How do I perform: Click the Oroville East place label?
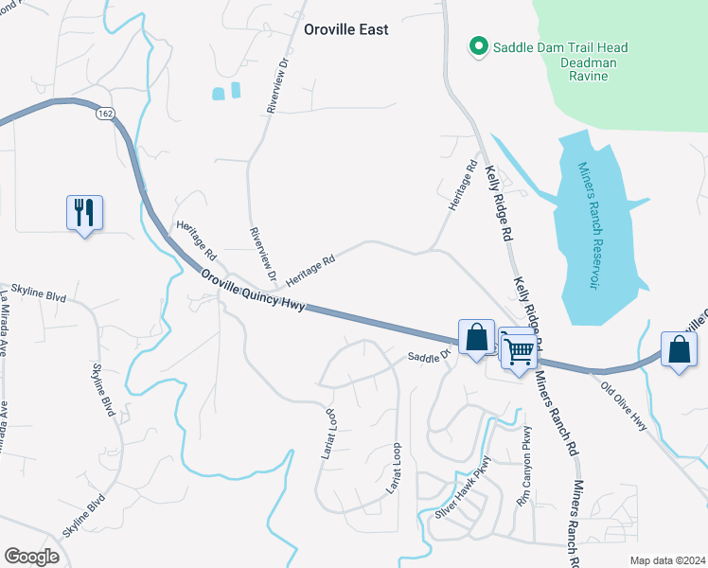tap(345, 29)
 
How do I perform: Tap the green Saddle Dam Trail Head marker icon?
tap(479, 45)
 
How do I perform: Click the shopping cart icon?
tap(519, 350)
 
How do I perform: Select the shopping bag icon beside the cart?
tap(477, 337)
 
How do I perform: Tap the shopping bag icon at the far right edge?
tap(679, 349)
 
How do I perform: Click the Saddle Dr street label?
tap(427, 356)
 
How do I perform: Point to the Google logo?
tap(31, 557)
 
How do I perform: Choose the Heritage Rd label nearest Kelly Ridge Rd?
tap(462, 189)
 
